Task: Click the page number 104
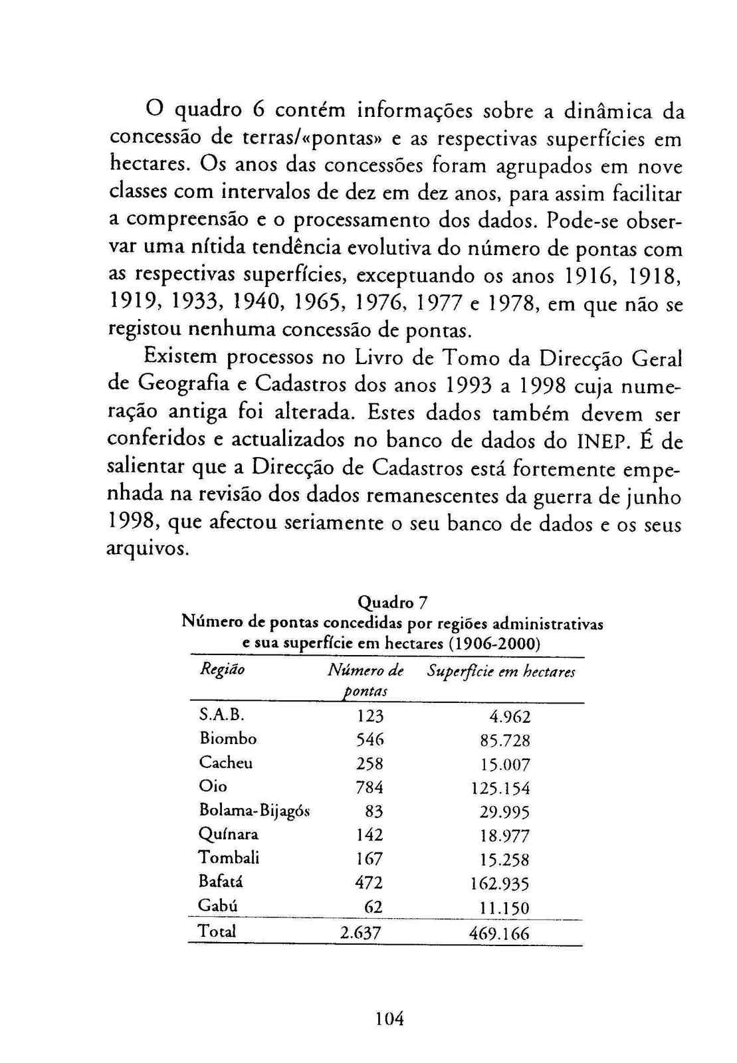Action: [x=389, y=1018]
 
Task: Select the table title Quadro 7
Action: [x=392, y=603]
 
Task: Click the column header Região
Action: [x=222, y=669]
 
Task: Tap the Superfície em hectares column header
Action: [x=501, y=672]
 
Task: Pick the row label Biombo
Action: [x=228, y=738]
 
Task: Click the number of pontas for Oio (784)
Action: [x=369, y=787]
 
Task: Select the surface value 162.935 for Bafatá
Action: [x=500, y=884]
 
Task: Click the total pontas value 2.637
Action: [x=360, y=933]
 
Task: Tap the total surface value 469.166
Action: [x=499, y=933]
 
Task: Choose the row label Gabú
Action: [x=218, y=906]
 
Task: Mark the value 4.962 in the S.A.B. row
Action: [x=510, y=717]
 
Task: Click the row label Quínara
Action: [x=229, y=834]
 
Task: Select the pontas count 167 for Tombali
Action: [x=369, y=859]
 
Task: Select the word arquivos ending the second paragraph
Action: [x=148, y=550]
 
